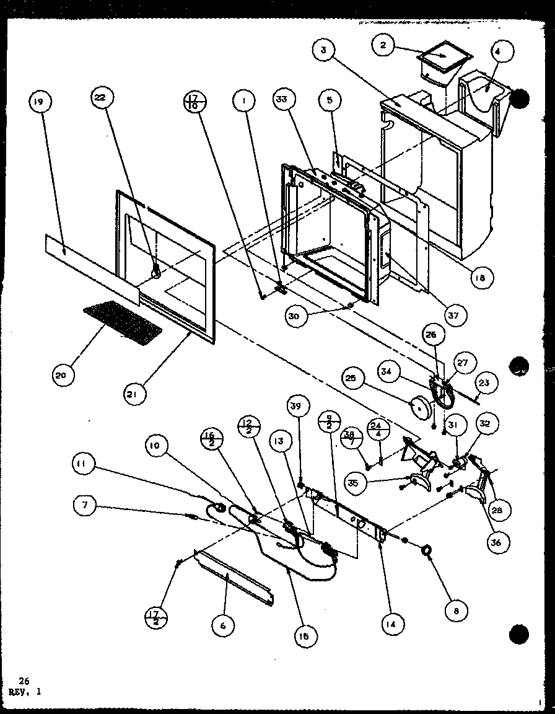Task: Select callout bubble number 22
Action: click(x=100, y=97)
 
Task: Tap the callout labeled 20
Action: click(x=63, y=375)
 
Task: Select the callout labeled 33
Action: click(x=287, y=99)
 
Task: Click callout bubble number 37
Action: click(x=453, y=316)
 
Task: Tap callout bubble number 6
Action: click(x=222, y=626)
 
